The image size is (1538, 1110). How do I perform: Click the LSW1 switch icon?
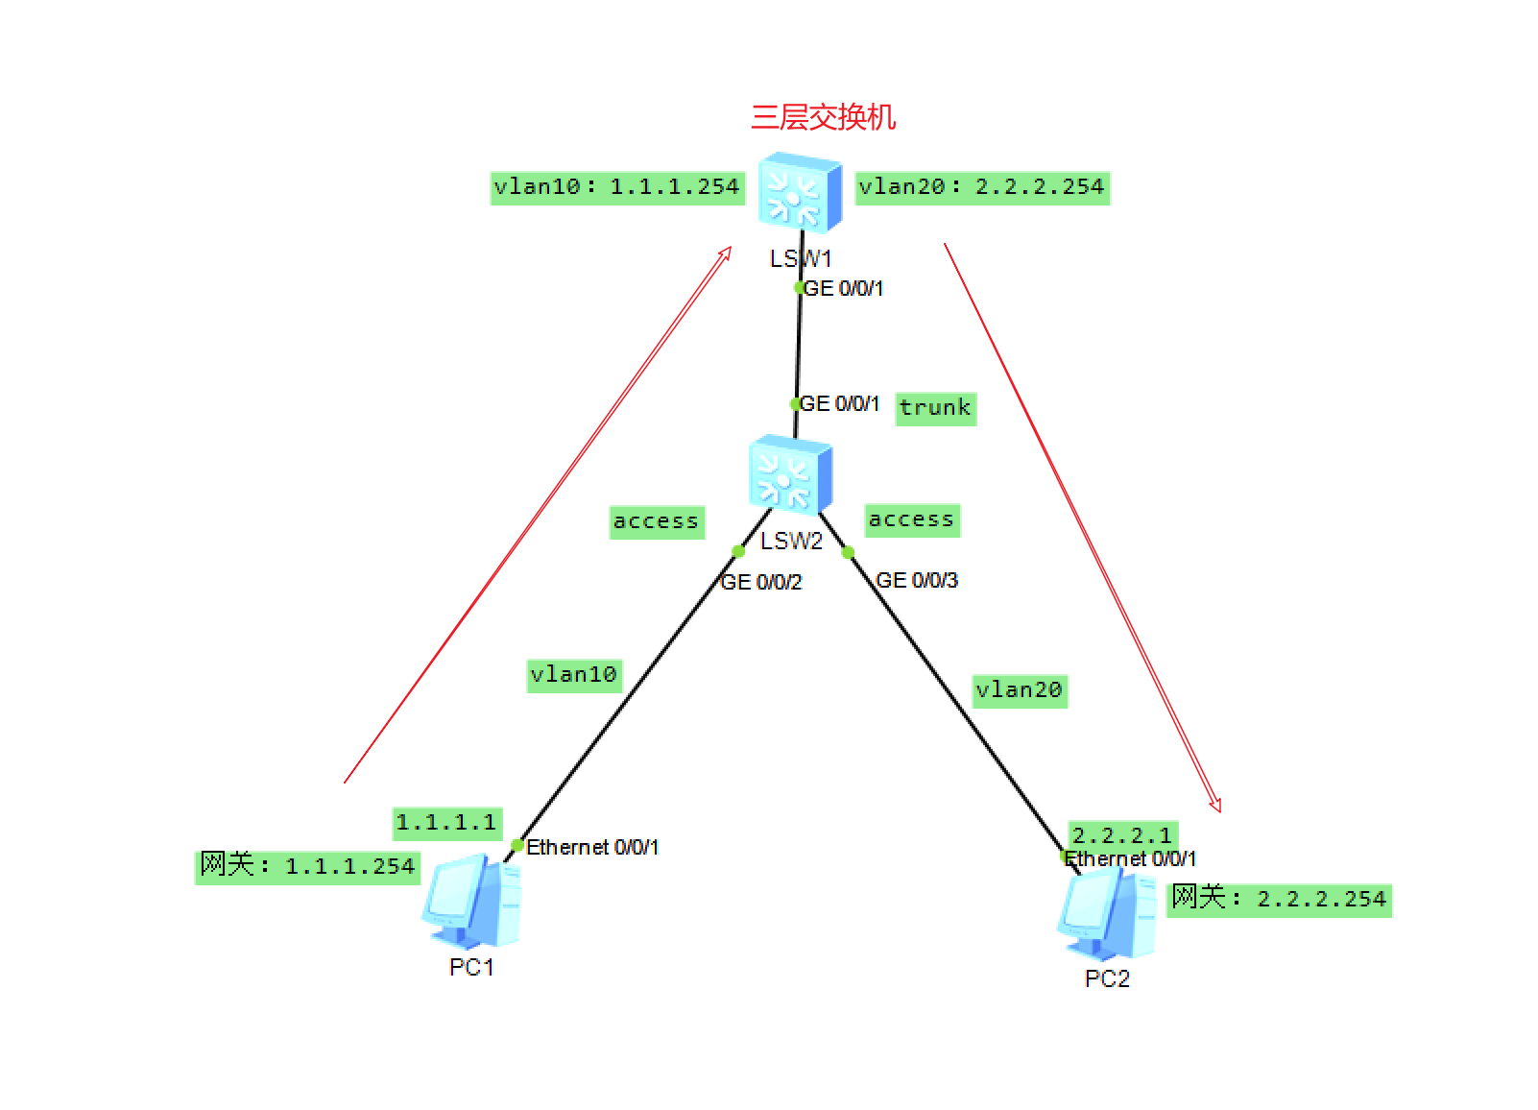[x=799, y=193]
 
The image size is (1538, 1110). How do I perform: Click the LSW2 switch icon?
[x=790, y=475]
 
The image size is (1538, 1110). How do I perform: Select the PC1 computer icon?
[x=471, y=902]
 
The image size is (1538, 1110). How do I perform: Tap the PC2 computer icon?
[x=1106, y=917]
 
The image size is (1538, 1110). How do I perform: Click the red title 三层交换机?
[x=823, y=117]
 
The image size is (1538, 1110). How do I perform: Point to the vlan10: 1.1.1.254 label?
[x=616, y=187]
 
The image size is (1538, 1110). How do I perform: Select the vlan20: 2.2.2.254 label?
[x=981, y=187]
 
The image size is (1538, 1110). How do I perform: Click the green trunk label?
[x=935, y=408]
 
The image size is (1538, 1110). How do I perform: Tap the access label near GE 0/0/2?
[x=656, y=521]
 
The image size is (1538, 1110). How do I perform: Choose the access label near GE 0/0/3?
[x=911, y=519]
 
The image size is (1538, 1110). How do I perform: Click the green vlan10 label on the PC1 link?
[x=573, y=675]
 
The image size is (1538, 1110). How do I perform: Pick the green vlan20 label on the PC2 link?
[x=1019, y=690]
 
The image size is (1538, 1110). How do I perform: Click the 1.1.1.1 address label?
[x=446, y=823]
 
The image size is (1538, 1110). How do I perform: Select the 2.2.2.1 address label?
[x=1121, y=834]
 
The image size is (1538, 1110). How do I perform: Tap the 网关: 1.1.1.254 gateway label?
[x=307, y=866]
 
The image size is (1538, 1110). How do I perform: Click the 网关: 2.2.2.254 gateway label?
[x=1279, y=899]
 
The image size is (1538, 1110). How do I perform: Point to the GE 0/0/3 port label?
[x=917, y=580]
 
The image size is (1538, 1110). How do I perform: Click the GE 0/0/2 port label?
[x=761, y=582]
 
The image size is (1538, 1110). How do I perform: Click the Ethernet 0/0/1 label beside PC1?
[x=592, y=847]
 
